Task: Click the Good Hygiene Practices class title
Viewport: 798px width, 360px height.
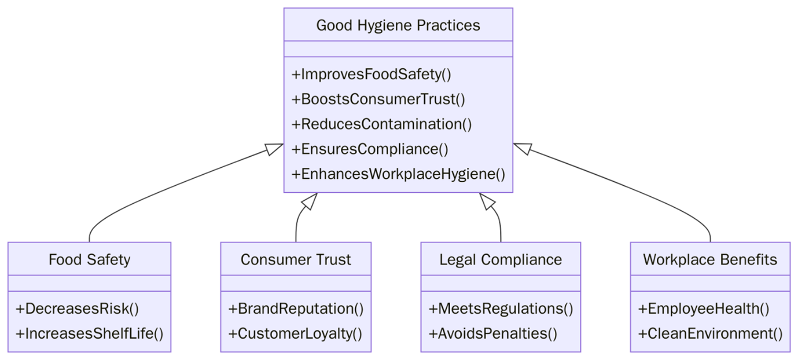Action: coord(398,25)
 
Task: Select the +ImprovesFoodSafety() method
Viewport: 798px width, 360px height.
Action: coord(371,75)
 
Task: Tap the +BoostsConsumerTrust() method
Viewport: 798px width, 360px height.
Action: coord(378,100)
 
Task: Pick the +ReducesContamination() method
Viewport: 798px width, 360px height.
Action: coord(381,124)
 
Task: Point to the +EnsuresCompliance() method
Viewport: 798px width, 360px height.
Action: coord(370,149)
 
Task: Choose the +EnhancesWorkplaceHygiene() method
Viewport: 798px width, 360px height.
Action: coord(398,174)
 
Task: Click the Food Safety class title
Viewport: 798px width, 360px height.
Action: coord(89,259)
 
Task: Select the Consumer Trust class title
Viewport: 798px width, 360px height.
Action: coord(296,259)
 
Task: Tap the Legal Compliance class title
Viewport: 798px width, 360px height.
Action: coord(501,259)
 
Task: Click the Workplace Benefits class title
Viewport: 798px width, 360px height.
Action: coord(710,259)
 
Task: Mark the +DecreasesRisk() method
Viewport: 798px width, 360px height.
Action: coord(78,308)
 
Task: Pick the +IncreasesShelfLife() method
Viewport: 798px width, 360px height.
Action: coord(90,333)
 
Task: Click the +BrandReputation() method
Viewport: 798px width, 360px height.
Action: coord(296,308)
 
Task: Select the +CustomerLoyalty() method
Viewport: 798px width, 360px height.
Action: coord(295,333)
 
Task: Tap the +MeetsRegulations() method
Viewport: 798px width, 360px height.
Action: coord(501,308)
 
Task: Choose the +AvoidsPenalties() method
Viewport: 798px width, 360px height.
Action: coord(492,333)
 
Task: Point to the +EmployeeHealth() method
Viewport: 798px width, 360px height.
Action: coord(704,308)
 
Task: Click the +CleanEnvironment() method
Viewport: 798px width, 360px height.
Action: coord(710,333)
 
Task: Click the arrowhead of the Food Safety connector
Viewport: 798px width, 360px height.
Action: coord(275,148)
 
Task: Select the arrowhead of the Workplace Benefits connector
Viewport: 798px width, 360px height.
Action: coord(521,148)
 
